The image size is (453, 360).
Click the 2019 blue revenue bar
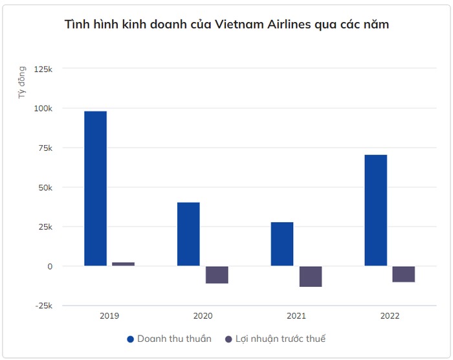click(x=95, y=188)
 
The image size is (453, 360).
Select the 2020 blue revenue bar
click(x=188, y=234)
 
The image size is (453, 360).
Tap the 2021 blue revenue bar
click(x=282, y=243)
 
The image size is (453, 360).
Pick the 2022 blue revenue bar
click(x=375, y=210)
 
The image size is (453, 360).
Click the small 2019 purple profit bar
click(x=123, y=264)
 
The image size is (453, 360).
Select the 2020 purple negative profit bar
click(x=217, y=275)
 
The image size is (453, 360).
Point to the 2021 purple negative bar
click(x=310, y=276)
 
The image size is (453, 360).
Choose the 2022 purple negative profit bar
click(x=403, y=274)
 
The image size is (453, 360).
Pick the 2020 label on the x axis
click(x=203, y=316)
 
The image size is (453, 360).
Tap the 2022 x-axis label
click(x=390, y=316)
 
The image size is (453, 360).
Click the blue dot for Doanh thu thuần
click(x=130, y=339)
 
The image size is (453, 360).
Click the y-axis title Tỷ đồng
click(x=23, y=82)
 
